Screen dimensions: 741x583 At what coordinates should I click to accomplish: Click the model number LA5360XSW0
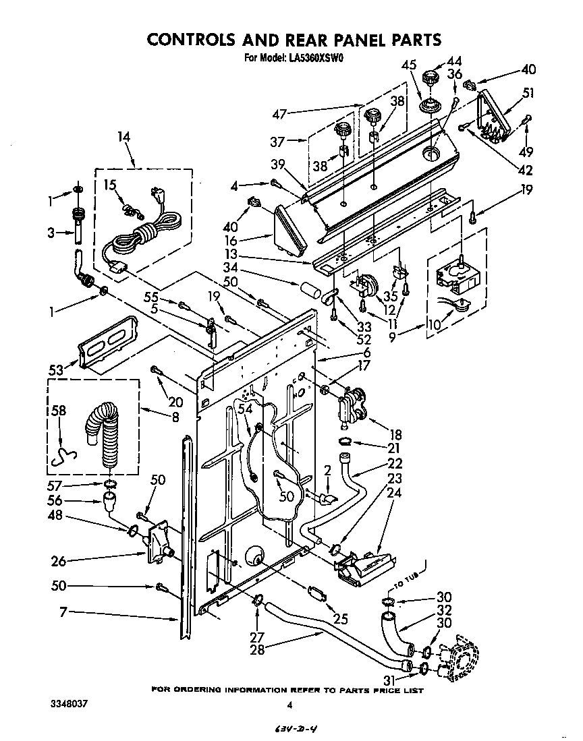pos(317,58)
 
